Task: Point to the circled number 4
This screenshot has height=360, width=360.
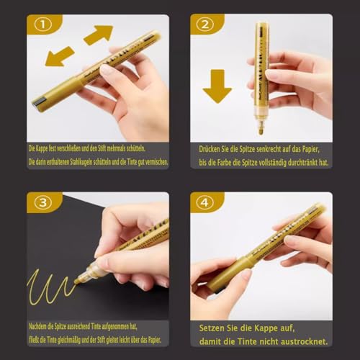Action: [203, 202]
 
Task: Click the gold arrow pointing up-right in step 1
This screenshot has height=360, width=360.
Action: [99, 34]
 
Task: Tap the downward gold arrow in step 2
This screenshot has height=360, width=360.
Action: [217, 86]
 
